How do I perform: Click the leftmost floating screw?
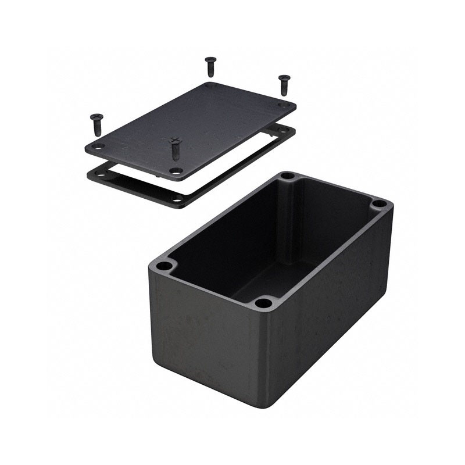coord(96,123)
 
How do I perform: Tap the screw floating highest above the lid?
coord(210,66)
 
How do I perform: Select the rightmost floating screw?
coord(284,84)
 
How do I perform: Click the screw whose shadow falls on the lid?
coord(175,148)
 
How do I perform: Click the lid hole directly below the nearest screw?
coord(176,171)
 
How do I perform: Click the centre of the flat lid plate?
coord(191,128)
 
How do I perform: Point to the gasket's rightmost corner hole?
coord(283,130)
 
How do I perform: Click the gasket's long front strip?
coord(233,169)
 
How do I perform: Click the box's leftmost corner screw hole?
coord(164,266)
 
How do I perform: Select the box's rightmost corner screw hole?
coord(378,204)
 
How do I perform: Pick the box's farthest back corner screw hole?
coord(287,176)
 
